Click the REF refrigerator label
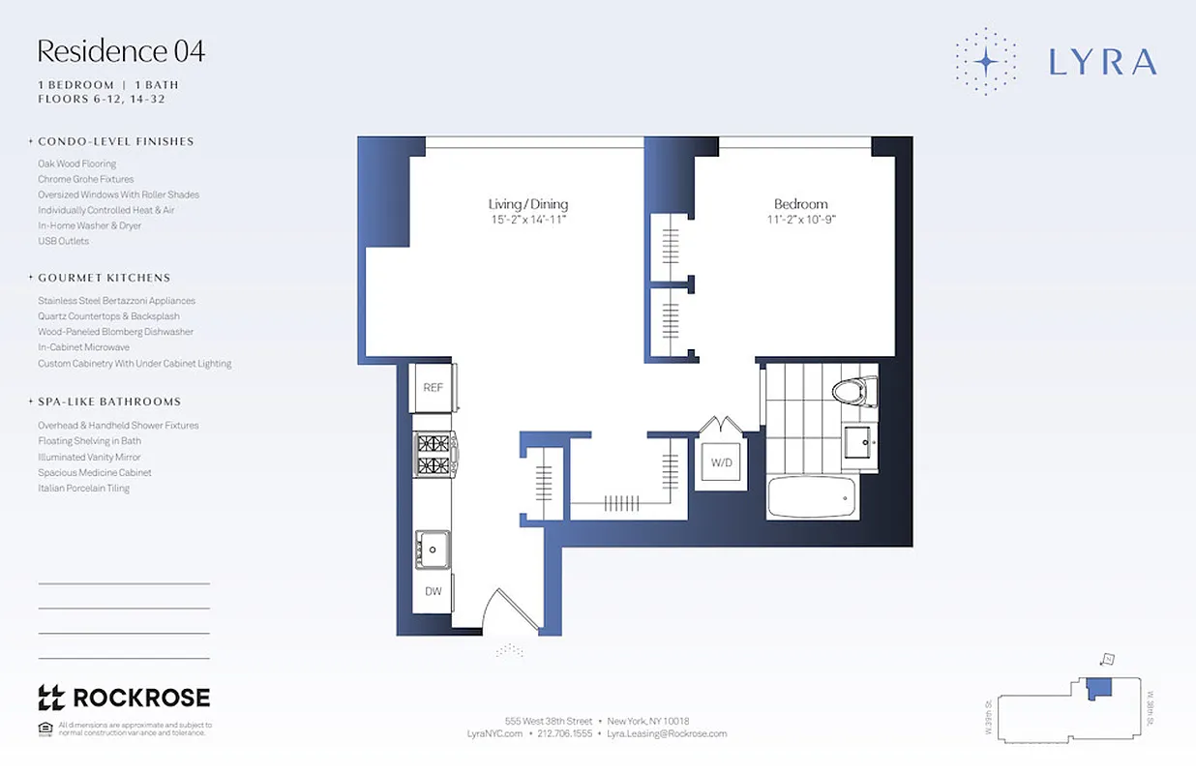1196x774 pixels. [x=434, y=387]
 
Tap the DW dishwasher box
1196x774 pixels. [x=433, y=590]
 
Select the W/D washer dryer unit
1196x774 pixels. [x=722, y=462]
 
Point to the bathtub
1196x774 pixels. [x=811, y=497]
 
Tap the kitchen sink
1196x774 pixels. [x=432, y=551]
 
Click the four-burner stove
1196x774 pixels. [x=434, y=455]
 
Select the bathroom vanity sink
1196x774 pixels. [x=859, y=442]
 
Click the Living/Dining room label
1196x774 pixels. [x=527, y=204]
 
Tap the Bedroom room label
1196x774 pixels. [x=800, y=204]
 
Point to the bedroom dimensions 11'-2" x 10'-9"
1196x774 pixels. [x=800, y=219]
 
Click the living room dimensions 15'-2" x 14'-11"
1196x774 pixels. [x=527, y=219]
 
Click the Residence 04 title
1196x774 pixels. [x=121, y=50]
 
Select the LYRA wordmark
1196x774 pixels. [x=1102, y=62]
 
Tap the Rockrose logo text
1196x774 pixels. [x=141, y=697]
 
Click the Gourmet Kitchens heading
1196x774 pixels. [x=104, y=278]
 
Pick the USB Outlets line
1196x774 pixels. [x=63, y=241]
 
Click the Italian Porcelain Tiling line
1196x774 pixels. [x=83, y=489]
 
